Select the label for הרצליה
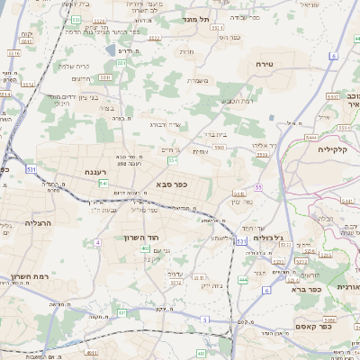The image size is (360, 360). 39,222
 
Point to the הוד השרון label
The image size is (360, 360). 140,238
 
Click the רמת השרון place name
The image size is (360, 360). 30,276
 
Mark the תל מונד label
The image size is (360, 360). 191,19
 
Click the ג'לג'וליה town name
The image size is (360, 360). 267,238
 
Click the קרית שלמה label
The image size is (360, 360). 71,66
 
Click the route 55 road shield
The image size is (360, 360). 172,160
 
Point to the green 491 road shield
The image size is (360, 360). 122,313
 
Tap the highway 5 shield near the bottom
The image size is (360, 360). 205,319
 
